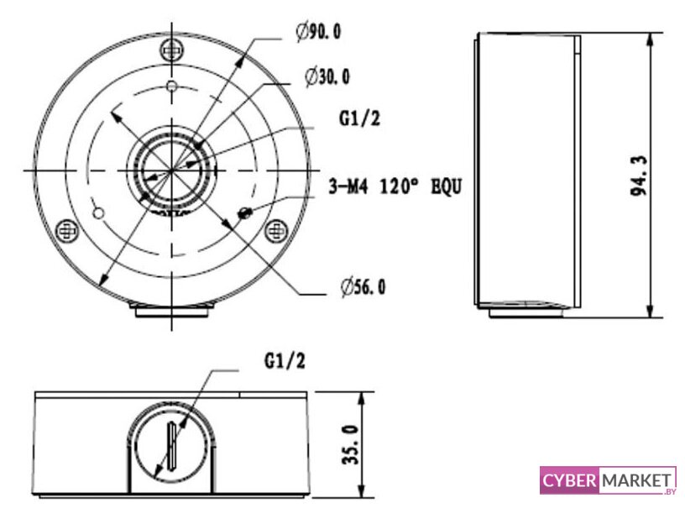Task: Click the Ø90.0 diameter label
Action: (318, 31)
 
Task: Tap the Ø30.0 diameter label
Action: (327, 77)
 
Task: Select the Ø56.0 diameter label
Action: (363, 287)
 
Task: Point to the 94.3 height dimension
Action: (639, 176)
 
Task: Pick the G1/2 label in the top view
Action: (359, 118)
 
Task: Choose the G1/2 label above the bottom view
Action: (285, 361)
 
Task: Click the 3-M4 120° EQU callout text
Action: (395, 187)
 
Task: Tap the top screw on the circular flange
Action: (172, 50)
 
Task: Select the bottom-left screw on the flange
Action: (68, 230)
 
